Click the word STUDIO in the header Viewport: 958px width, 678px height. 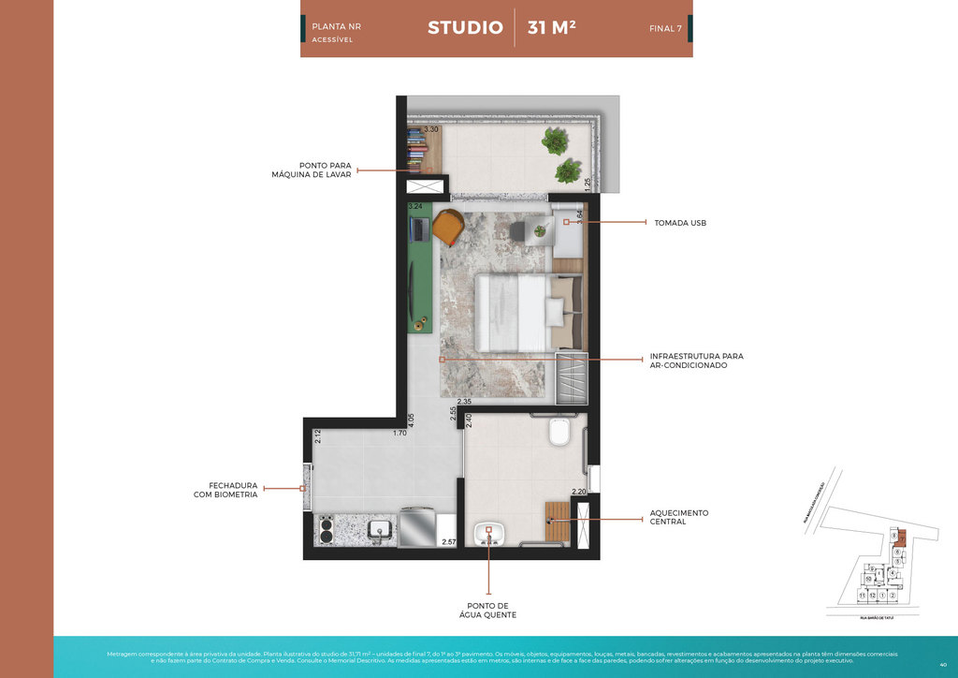click(465, 27)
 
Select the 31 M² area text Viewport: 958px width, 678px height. click(551, 27)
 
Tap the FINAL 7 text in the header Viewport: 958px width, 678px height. click(665, 28)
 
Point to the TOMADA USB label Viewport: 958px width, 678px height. click(680, 223)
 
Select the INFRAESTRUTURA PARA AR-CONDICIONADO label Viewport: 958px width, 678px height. click(696, 361)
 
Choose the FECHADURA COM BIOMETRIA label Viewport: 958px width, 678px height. click(225, 489)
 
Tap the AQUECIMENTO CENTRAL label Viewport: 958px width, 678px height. click(679, 517)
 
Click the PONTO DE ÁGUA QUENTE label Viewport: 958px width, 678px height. click(487, 610)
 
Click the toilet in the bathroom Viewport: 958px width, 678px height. click(560, 433)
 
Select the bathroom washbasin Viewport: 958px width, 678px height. click(488, 535)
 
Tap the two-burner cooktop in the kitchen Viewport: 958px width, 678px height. click(327, 531)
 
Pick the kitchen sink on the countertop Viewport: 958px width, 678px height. click(379, 530)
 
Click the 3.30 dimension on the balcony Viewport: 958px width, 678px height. click(431, 130)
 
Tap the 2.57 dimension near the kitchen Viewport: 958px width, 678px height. click(448, 542)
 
